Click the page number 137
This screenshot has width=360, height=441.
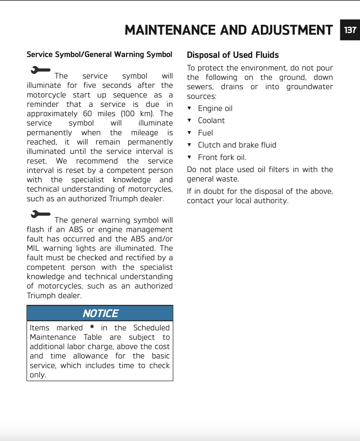point(350,30)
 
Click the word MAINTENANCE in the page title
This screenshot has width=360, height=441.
point(170,30)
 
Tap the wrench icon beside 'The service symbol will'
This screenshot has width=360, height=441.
point(40,70)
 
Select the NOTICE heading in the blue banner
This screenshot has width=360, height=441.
point(100,313)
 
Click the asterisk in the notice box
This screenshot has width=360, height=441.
point(92,327)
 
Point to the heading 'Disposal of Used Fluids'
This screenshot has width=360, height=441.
point(233,55)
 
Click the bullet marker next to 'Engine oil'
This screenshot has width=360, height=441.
point(189,108)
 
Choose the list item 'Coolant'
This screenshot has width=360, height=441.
point(211,121)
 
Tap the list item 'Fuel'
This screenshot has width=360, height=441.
point(205,133)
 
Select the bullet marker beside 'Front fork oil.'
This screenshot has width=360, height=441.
point(189,157)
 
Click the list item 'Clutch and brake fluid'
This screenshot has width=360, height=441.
point(237,145)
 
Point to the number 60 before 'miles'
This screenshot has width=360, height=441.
point(87,114)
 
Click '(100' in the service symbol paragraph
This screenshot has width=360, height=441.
point(127,114)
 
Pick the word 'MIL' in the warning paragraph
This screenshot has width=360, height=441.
point(33,248)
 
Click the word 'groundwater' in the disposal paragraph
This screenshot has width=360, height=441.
point(309,87)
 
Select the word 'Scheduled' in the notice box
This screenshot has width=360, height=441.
point(151,328)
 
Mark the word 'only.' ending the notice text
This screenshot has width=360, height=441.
point(38,375)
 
